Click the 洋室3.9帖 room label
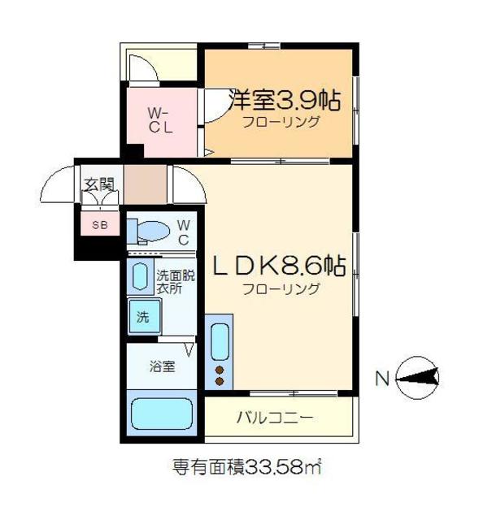click(x=284, y=101)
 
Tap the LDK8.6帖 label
click(x=279, y=266)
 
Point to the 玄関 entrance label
click(x=98, y=184)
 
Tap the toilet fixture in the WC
click(x=149, y=231)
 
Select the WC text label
click(x=183, y=231)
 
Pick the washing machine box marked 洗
click(x=144, y=317)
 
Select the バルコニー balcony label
click(x=274, y=419)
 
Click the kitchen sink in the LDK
click(x=220, y=342)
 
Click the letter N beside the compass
click(x=381, y=378)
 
